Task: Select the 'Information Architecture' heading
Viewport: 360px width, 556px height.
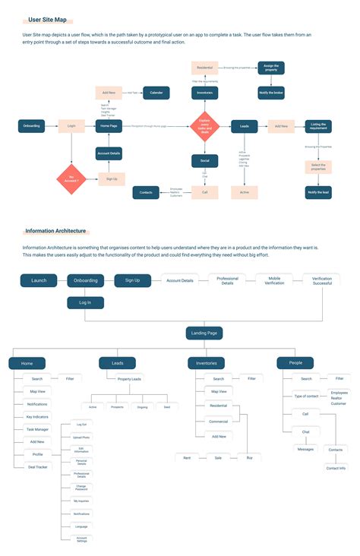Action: click(55, 231)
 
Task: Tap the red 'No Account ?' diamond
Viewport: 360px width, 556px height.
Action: click(72, 179)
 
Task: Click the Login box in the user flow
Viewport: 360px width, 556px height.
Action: click(71, 126)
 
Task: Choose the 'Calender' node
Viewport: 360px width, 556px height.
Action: click(156, 92)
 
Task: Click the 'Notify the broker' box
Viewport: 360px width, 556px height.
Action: click(271, 92)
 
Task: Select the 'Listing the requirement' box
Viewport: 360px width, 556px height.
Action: click(318, 126)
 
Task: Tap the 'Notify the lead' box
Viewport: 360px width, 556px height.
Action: click(318, 193)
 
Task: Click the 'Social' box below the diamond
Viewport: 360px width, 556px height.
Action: click(204, 161)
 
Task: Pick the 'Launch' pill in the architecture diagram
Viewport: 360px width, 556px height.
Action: click(39, 280)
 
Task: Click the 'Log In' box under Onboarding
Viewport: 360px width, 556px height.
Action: click(85, 302)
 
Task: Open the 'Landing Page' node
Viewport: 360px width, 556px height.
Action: click(204, 333)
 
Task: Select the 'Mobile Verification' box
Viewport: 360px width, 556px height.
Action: click(274, 280)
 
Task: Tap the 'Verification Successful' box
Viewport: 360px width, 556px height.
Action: click(321, 280)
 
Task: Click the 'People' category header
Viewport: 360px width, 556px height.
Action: click(295, 363)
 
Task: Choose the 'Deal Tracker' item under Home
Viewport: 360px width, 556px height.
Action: click(37, 467)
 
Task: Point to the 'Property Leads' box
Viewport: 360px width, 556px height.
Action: click(129, 378)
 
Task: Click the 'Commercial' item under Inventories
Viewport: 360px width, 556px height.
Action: click(218, 422)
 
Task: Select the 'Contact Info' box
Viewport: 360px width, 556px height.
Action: click(336, 468)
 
